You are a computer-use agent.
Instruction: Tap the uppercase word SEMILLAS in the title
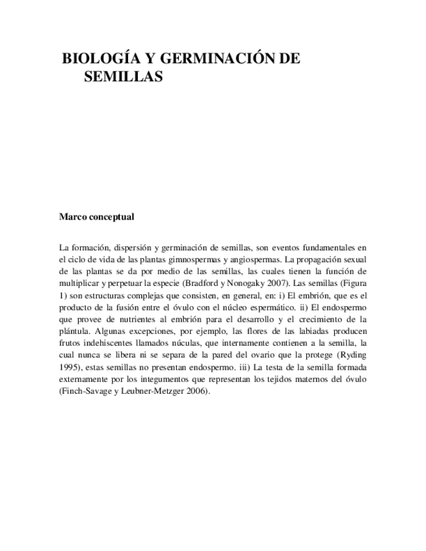point(123,77)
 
